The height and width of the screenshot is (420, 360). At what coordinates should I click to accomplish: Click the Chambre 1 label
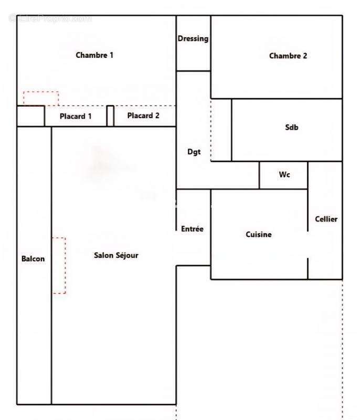[x=94, y=55]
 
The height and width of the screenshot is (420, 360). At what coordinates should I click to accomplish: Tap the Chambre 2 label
[x=288, y=56]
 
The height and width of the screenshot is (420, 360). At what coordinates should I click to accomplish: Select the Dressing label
[x=193, y=38]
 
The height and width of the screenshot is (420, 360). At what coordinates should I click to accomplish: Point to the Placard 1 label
[x=76, y=116]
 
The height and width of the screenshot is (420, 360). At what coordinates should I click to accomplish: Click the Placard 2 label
[x=143, y=115]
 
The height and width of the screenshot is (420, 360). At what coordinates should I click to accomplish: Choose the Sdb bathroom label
[x=292, y=127]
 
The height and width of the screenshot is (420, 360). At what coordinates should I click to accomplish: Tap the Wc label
[x=284, y=175]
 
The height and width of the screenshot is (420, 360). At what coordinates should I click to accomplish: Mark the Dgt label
[x=194, y=152]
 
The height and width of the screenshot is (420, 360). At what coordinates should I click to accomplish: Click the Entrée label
[x=192, y=229]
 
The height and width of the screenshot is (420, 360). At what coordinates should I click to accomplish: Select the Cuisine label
[x=259, y=235]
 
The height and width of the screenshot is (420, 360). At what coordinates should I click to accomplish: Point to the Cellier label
[x=326, y=219]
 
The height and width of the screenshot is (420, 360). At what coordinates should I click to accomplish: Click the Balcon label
[x=33, y=258]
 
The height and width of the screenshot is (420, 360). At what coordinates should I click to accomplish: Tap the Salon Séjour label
[x=116, y=255]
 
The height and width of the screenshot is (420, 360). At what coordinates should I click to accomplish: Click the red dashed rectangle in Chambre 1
[x=40, y=98]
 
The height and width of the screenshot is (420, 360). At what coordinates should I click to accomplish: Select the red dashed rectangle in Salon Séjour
[x=59, y=265]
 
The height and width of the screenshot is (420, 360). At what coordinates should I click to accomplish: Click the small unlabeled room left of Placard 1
[x=30, y=116]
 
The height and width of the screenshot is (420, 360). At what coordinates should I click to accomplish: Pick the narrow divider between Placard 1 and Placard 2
[x=110, y=116]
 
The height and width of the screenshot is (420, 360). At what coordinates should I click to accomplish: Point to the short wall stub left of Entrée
[x=176, y=217]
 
